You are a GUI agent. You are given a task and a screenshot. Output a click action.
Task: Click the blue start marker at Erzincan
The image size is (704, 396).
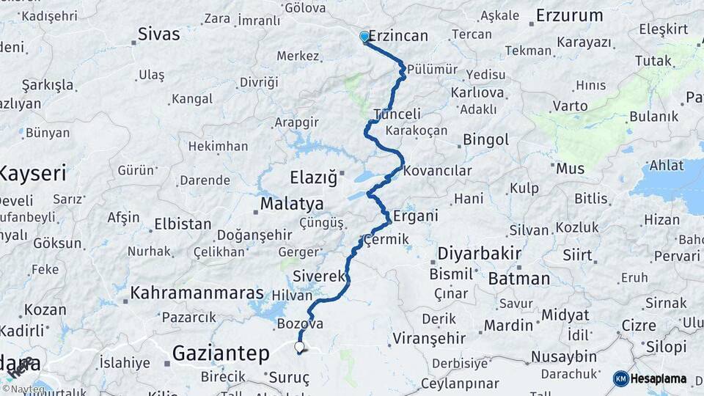[x=364, y=37]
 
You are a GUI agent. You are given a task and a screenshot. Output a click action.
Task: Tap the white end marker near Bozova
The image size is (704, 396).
[x=299, y=347]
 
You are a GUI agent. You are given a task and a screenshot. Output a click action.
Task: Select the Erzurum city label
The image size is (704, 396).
[x=569, y=15]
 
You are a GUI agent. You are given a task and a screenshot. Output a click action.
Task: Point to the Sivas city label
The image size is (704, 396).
[x=159, y=34]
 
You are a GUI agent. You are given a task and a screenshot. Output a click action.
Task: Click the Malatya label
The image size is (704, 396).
[x=291, y=203]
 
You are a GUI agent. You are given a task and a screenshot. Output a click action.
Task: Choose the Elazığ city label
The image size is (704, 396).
[x=313, y=177]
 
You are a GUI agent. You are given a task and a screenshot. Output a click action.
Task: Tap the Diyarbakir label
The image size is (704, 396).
[x=479, y=254]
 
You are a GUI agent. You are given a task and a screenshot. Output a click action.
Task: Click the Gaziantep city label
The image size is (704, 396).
[x=221, y=353]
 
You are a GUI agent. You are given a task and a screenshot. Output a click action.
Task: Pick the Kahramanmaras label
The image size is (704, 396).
[x=197, y=293]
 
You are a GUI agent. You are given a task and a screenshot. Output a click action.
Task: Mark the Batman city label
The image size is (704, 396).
[x=518, y=279]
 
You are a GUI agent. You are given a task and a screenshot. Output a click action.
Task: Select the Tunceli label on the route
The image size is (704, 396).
[x=397, y=114]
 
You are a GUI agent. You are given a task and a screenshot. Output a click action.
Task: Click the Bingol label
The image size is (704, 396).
[x=485, y=139]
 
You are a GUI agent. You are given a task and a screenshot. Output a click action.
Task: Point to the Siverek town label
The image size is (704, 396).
[x=318, y=276]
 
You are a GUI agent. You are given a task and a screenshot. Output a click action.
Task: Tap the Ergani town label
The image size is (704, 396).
[x=415, y=216]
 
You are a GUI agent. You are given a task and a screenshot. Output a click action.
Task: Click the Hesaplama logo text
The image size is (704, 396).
[x=658, y=379]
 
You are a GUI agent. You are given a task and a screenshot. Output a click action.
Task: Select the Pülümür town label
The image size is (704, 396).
[x=432, y=70]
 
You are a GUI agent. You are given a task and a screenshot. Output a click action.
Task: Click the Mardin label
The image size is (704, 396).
[x=507, y=325]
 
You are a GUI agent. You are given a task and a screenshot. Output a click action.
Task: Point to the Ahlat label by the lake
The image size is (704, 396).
[x=666, y=166]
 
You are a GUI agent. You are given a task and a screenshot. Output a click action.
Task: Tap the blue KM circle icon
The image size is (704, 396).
[x=620, y=378]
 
